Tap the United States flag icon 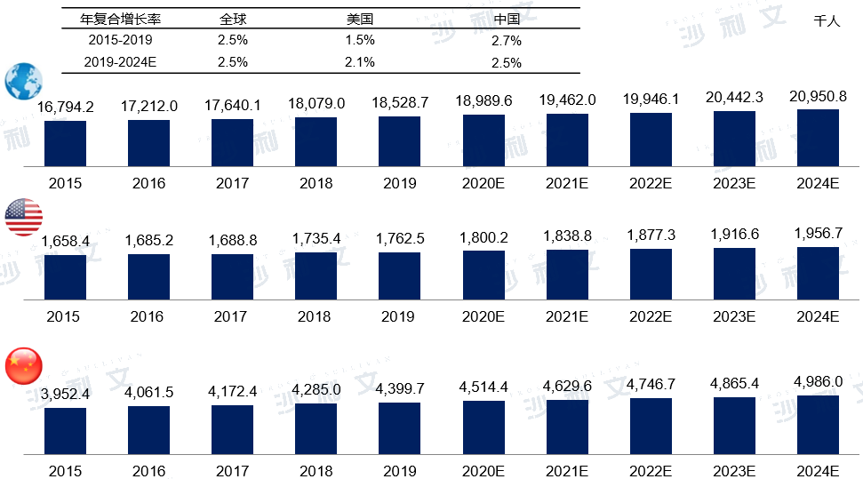pos(24,217)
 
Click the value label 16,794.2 pos(66,107)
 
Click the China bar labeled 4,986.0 pos(818,425)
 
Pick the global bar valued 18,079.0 pos(316,142)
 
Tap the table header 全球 pos(233,19)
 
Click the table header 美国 pos(359,19)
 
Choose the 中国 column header pos(506,19)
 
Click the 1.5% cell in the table pos(359,40)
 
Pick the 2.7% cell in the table pos(506,41)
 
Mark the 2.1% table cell pos(359,62)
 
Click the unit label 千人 pos(827,20)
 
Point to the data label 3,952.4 pos(66,393)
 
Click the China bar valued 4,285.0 pos(316,429)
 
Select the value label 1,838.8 pos(567,235)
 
